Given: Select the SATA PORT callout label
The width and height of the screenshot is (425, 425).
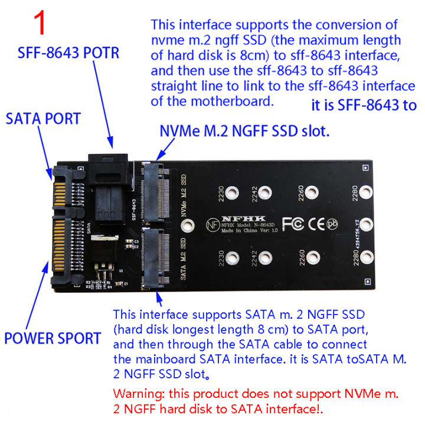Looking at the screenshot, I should pyautogui.click(x=42, y=118).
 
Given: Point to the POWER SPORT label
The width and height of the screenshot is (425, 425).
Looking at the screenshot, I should pyautogui.click(x=53, y=339).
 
